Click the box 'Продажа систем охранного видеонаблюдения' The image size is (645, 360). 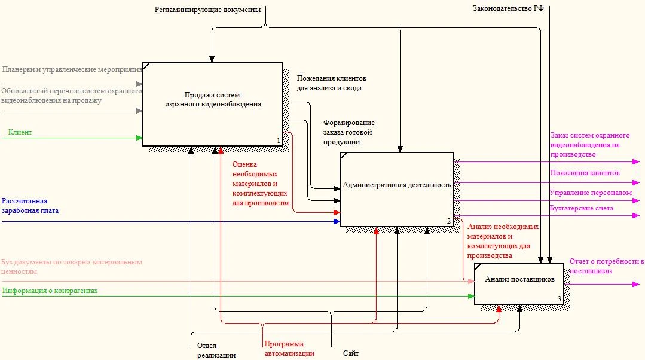213,104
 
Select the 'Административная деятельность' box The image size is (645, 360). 396,189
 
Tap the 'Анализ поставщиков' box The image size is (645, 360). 519,283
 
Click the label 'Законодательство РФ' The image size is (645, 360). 508,8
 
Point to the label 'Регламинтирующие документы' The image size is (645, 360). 208,10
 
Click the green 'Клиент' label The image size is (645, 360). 20,132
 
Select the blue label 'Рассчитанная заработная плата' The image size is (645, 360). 30,206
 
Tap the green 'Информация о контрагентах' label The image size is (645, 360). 50,291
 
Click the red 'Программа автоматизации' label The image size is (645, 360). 289,349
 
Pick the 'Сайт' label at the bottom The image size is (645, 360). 351,353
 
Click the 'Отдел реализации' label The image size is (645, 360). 216,350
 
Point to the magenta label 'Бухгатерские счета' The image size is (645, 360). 581,208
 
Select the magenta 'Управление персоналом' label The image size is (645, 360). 591,193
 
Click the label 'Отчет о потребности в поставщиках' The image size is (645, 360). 607,266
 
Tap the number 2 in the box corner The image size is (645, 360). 449,221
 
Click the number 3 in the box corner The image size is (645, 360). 560,299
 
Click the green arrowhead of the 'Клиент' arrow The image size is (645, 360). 139,138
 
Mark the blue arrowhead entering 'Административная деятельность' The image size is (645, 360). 337,222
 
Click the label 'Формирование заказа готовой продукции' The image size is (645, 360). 349,132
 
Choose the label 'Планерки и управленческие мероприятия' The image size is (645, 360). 72,69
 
